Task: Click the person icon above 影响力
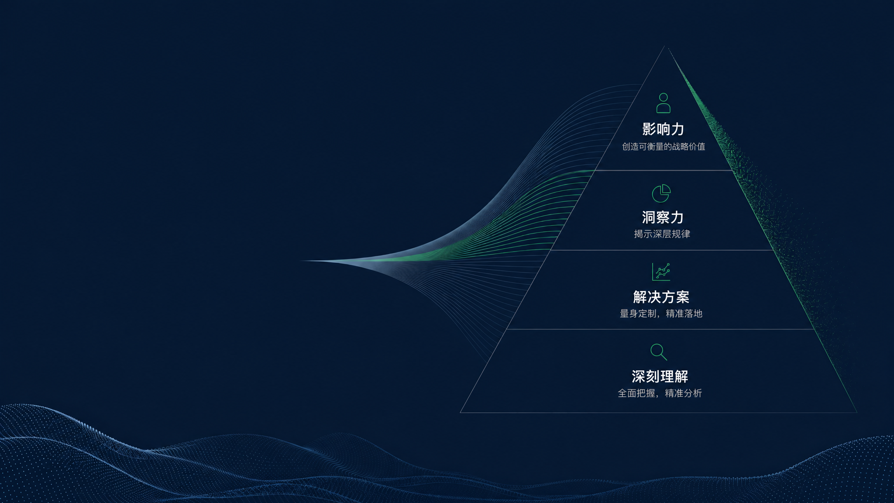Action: pyautogui.click(x=663, y=103)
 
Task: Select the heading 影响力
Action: pyautogui.click(x=663, y=129)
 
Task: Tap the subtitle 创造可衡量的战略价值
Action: pyautogui.click(x=664, y=147)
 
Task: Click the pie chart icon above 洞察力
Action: pyautogui.click(x=661, y=193)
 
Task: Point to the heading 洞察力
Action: pyautogui.click(x=663, y=217)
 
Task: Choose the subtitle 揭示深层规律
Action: pyautogui.click(x=662, y=234)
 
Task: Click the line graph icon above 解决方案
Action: pyautogui.click(x=661, y=272)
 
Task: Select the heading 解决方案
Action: pyautogui.click(x=661, y=297)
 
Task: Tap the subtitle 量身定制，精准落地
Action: pyautogui.click(x=661, y=314)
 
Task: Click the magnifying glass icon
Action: pyautogui.click(x=659, y=352)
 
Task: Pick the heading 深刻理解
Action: pyautogui.click(x=660, y=376)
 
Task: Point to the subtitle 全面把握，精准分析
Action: pyautogui.click(x=660, y=393)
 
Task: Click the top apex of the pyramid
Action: pyautogui.click(x=664, y=46)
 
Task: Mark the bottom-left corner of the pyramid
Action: pyautogui.click(x=460, y=412)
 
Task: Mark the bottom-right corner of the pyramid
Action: pyautogui.click(x=857, y=412)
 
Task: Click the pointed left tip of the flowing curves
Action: pyautogui.click(x=301, y=261)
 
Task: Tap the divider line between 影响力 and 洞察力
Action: pyautogui.click(x=664, y=170)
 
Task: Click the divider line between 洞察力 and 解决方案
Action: pyautogui.click(x=662, y=250)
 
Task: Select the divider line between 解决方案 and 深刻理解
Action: pyautogui.click(x=660, y=329)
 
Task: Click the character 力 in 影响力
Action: pyautogui.click(x=677, y=129)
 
